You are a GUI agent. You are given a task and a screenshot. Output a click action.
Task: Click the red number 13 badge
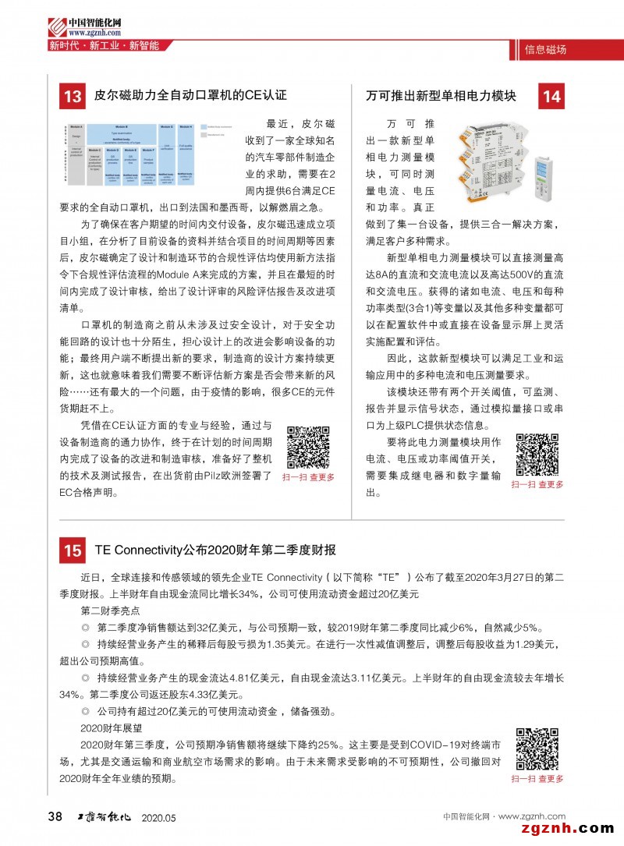click(x=73, y=97)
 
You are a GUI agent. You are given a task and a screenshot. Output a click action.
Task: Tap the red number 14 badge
click(x=551, y=97)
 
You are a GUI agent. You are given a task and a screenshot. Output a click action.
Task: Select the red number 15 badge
click(x=73, y=550)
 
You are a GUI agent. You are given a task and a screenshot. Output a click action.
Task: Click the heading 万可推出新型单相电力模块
click(x=441, y=97)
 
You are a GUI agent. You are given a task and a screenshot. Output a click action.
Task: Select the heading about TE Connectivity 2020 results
click(x=215, y=550)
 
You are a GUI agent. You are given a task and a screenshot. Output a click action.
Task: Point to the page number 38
click(x=55, y=816)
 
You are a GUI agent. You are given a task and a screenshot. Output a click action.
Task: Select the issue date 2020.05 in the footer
click(x=159, y=817)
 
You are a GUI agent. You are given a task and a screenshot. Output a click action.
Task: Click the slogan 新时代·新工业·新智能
click(x=104, y=46)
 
